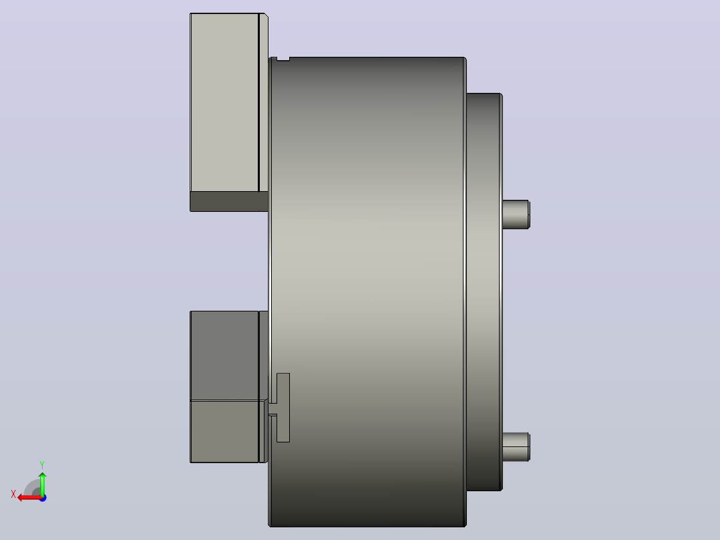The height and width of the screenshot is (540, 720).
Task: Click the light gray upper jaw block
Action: coord(224,102)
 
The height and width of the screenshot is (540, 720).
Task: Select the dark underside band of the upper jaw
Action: coord(229,202)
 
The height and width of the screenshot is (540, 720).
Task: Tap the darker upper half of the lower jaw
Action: coord(224,356)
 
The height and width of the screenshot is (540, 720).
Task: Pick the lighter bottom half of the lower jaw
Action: coord(224,432)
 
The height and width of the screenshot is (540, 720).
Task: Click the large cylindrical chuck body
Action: coord(367,292)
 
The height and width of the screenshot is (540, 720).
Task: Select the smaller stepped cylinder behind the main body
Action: coord(484,292)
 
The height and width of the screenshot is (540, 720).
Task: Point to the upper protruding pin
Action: coord(516,214)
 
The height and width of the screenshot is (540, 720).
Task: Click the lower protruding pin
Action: coord(516,446)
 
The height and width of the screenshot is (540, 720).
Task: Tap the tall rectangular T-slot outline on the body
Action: coord(283,408)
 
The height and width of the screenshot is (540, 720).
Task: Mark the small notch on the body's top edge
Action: coord(283,59)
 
